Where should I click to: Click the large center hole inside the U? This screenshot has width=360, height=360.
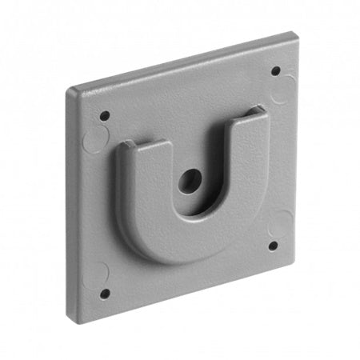[x=190, y=181]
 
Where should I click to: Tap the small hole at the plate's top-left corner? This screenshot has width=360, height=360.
[x=105, y=114]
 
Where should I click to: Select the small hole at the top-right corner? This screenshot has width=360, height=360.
[x=276, y=70]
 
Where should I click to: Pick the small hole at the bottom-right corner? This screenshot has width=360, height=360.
[x=274, y=246]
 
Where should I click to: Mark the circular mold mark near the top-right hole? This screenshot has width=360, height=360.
[x=282, y=90]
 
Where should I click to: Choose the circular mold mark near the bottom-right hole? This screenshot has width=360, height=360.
[x=280, y=226]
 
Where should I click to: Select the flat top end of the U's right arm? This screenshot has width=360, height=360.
[x=254, y=113]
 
